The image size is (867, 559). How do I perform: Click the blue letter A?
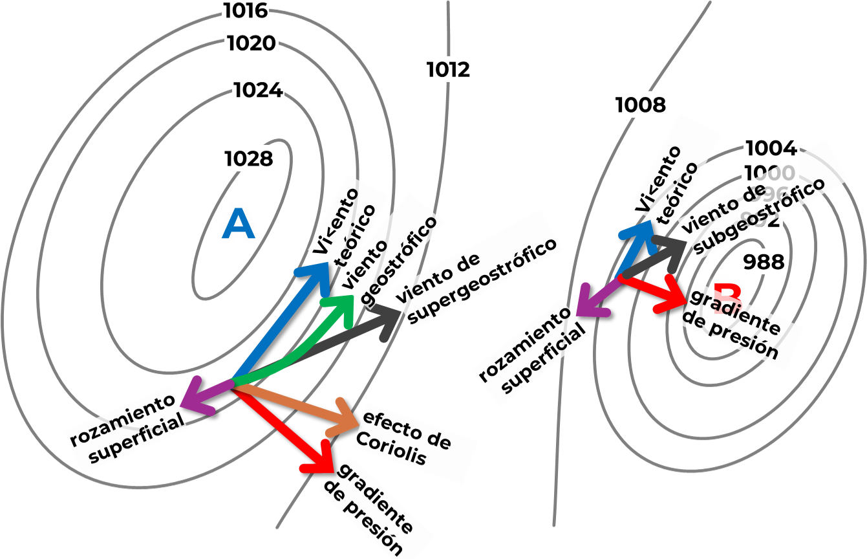239,225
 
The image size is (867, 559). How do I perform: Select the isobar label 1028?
249,159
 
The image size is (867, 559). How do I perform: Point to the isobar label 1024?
257,90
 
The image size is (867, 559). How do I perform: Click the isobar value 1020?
252,43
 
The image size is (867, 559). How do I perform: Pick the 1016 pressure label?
244,10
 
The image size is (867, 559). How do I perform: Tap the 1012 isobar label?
449,69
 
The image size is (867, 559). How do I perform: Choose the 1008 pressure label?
640,105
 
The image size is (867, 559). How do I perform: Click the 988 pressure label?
764,262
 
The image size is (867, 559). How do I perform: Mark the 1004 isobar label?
771,148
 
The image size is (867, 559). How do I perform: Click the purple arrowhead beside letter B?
585,305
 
